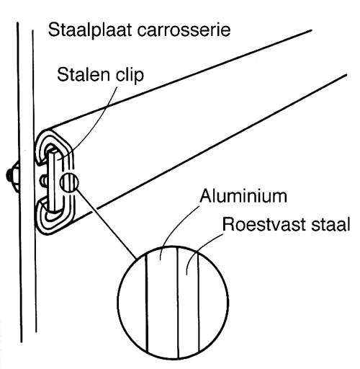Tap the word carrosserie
(184, 30)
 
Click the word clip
(130, 75)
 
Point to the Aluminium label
(243, 196)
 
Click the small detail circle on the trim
(69, 182)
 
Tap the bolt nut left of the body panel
(12, 174)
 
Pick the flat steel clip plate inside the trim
(54, 181)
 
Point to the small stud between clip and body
(44, 181)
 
